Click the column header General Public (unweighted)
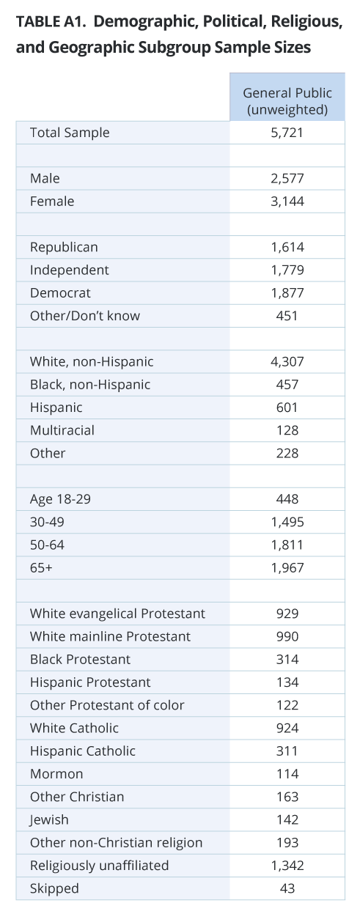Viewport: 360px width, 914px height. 287,101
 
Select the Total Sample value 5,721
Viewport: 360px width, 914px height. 287,133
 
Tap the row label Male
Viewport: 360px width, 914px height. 45,178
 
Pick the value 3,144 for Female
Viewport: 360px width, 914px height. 287,201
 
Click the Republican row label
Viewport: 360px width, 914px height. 64,247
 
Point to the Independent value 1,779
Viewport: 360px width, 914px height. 287,270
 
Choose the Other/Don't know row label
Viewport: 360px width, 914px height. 85,315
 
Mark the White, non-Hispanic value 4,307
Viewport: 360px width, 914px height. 287,361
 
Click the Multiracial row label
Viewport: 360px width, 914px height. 62,430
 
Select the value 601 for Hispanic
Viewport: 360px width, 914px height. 287,408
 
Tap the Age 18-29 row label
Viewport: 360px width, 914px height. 60,499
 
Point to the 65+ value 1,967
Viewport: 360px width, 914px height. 287,567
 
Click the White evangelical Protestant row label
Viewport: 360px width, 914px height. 117,613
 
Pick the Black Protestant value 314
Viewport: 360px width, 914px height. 287,660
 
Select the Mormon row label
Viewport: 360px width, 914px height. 56,773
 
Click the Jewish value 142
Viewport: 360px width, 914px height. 287,819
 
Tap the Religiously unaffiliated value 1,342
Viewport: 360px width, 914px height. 287,865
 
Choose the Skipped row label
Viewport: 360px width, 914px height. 54,888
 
